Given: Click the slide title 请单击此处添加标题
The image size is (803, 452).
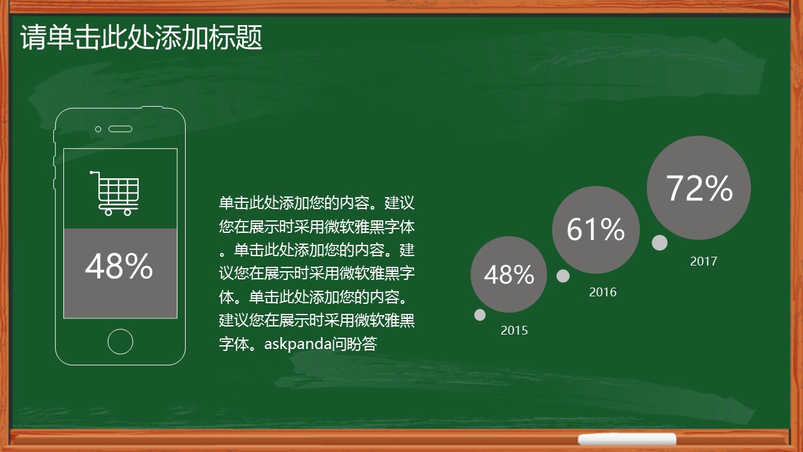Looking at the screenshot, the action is tap(141, 37).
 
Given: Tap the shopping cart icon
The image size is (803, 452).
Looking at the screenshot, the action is tap(114, 193).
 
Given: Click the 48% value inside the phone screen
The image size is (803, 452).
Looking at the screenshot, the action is tap(119, 266).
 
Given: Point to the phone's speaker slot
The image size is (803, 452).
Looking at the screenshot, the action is tap(120, 129).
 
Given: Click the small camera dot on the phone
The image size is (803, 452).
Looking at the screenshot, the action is tap(98, 129).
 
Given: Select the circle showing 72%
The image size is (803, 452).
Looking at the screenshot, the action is tap(699, 188).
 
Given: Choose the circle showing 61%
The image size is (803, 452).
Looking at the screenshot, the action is tap(596, 230).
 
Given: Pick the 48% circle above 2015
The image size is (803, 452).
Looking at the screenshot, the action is tap(509, 274).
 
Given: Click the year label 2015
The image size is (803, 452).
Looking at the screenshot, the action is tap(514, 330).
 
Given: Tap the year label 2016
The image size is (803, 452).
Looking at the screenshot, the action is tap(603, 292).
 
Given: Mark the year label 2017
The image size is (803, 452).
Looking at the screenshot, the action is tap(703, 261).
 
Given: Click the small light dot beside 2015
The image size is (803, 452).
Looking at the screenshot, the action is tap(480, 315).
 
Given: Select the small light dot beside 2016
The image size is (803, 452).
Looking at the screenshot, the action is tap(563, 276).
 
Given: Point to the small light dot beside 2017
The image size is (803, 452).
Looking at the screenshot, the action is tap(659, 242).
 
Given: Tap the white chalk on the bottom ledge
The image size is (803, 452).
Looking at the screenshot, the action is tap(627, 439).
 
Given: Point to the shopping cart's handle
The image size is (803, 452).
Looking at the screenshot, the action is tap(94, 173).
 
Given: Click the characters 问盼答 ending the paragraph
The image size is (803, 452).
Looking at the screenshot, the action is tap(354, 343).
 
